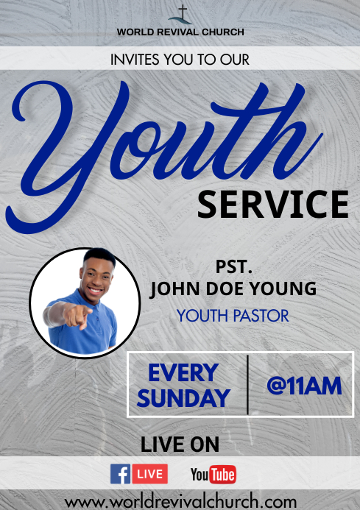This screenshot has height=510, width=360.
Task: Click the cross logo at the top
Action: click(x=180, y=14)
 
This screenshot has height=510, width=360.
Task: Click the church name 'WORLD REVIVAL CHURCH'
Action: click(x=180, y=32)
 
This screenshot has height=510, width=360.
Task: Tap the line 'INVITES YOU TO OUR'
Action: click(x=180, y=58)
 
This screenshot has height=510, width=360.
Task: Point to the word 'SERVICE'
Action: click(x=272, y=204)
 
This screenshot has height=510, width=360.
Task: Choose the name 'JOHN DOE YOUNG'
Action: click(x=233, y=288)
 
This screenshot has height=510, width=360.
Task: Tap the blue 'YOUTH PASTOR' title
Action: click(x=233, y=316)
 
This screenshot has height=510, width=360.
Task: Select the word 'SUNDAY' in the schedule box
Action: click(x=183, y=398)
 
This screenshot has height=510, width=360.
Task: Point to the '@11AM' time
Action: click(x=303, y=386)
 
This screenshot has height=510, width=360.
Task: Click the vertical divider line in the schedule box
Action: click(x=247, y=385)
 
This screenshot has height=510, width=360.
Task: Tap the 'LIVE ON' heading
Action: click(x=180, y=445)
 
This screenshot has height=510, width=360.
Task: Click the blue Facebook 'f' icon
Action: click(x=120, y=474)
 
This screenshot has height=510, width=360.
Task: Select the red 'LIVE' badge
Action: click(x=150, y=474)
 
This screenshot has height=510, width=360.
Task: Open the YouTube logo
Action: click(x=213, y=475)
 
